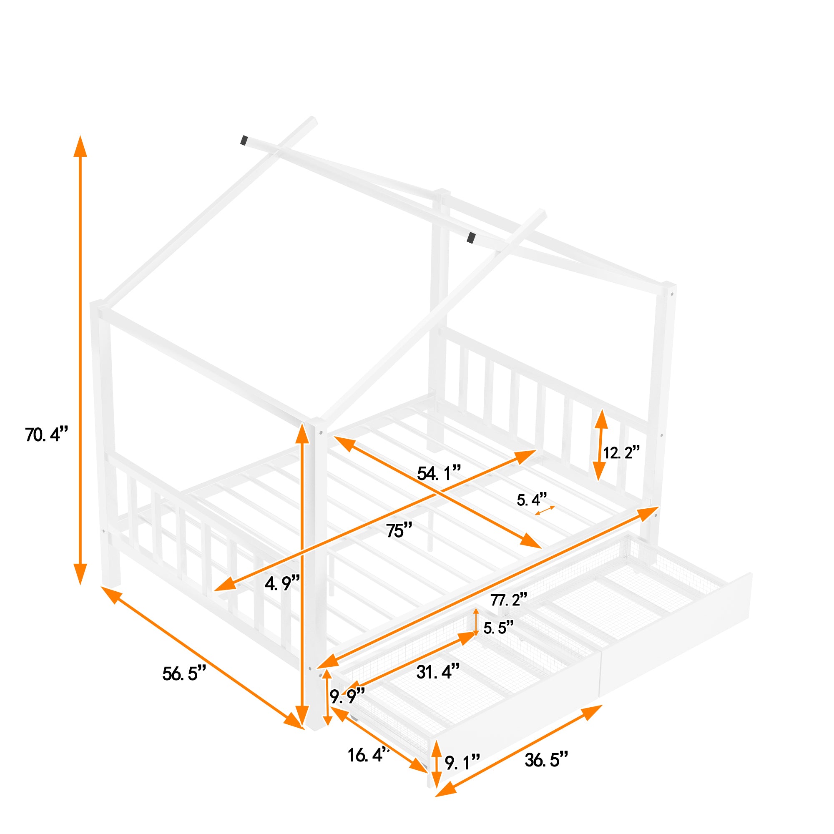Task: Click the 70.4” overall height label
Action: tap(47, 435)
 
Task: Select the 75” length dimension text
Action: tap(399, 530)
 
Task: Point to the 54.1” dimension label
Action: tap(440, 474)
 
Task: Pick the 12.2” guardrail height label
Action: tap(621, 453)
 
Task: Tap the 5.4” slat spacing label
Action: tap(532, 500)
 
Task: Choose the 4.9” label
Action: tap(282, 584)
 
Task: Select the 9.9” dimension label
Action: tap(347, 696)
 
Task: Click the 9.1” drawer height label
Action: tap(462, 763)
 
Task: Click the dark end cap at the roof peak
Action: tap(244, 141)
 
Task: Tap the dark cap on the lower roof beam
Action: tap(471, 237)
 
